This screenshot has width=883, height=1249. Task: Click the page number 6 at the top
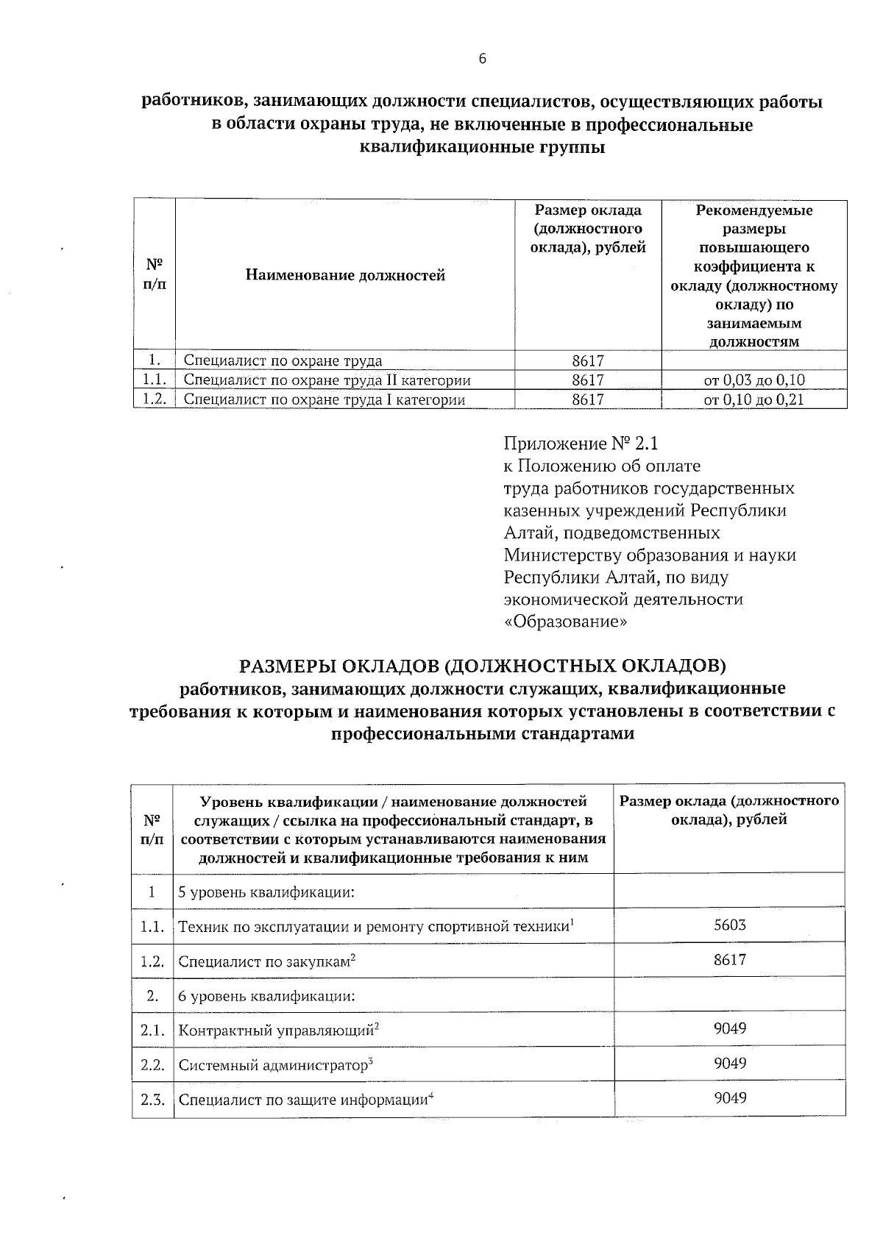tap(483, 60)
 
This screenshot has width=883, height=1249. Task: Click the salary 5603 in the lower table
tap(729, 925)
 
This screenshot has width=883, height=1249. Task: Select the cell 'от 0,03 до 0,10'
tap(754, 380)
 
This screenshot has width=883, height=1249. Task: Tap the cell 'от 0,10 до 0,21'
tap(754, 399)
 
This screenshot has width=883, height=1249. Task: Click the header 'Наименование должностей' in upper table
tap(345, 276)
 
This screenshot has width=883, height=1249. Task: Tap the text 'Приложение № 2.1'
tap(581, 444)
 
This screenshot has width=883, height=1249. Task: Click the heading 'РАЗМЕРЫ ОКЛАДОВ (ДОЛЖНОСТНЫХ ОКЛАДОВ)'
tap(483, 666)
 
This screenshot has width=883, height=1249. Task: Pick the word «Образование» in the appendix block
tap(566, 622)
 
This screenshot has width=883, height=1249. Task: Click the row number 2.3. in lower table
tap(152, 1100)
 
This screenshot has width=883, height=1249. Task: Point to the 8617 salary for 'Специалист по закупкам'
tap(729, 959)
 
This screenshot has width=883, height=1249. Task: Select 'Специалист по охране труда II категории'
tap(327, 380)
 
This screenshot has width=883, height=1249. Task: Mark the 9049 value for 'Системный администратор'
tap(729, 1063)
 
